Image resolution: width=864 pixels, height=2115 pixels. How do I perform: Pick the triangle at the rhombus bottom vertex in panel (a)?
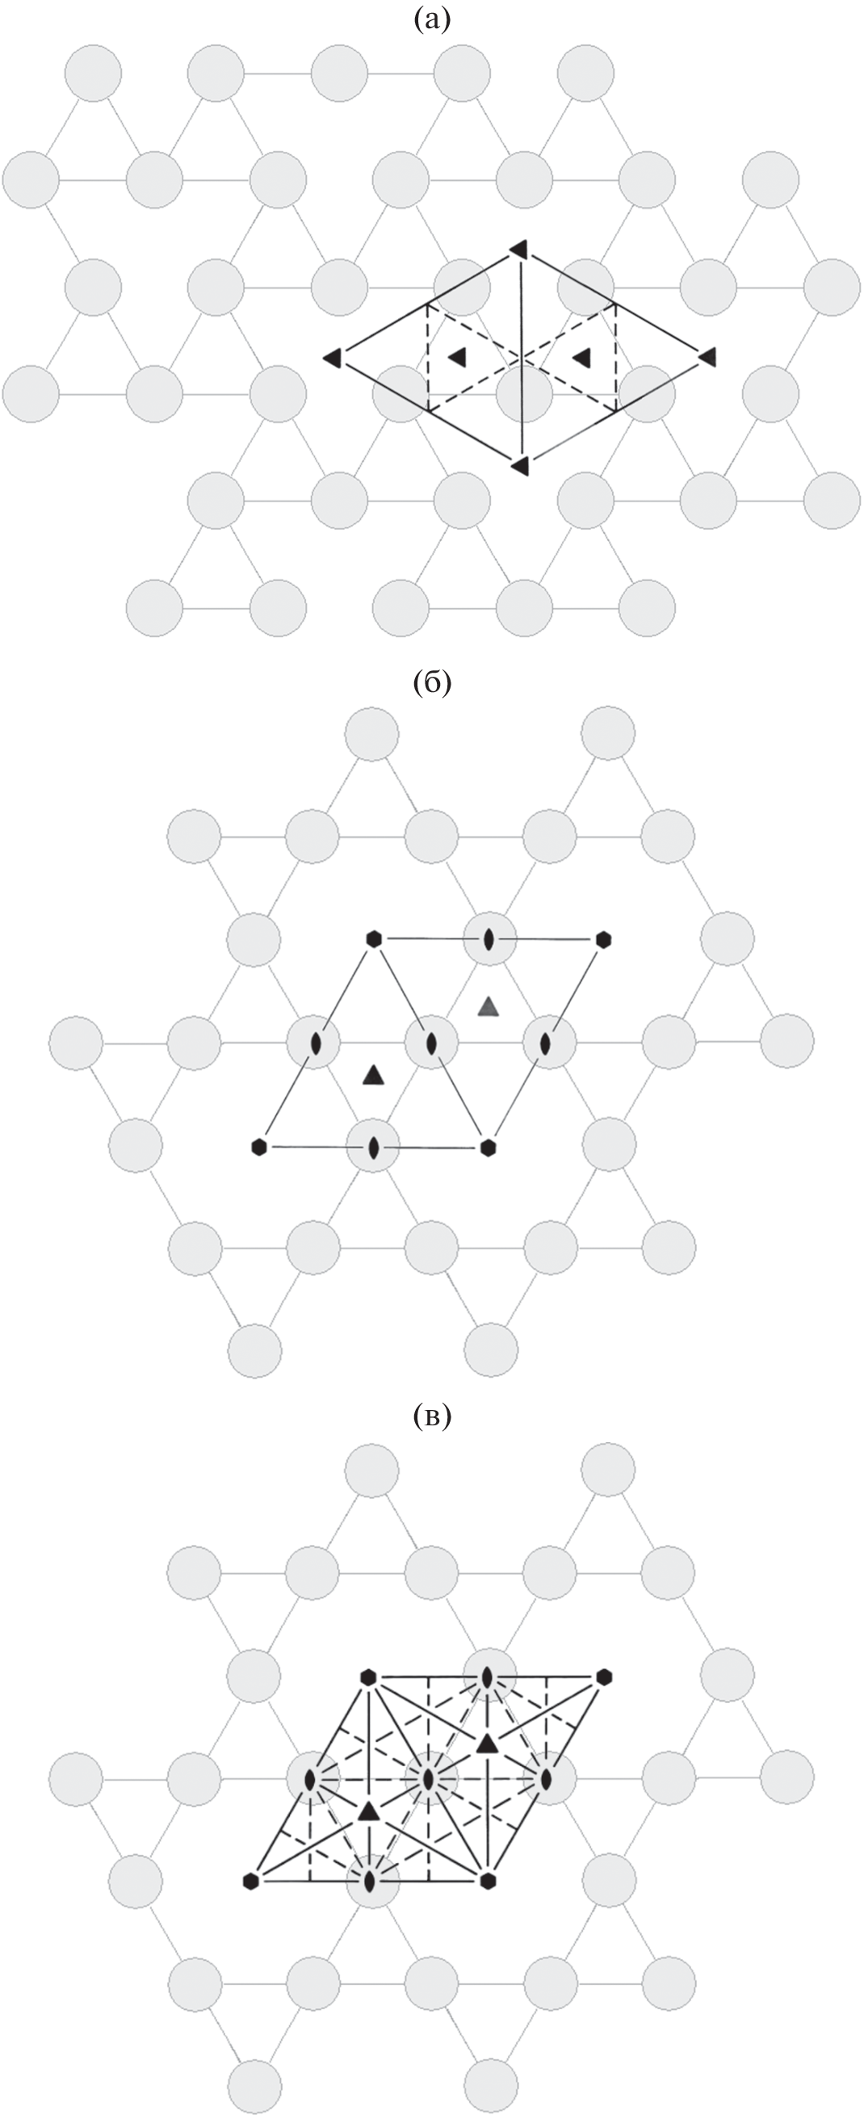519,465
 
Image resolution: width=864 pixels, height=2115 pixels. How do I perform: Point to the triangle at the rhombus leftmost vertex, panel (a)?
333,357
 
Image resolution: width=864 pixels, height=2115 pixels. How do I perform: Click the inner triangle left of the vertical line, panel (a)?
458,356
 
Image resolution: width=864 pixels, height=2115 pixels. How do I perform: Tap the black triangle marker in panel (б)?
374,1074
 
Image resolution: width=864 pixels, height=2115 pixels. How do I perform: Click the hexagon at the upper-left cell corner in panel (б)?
375,938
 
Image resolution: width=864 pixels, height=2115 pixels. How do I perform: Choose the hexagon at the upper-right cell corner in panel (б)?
605,938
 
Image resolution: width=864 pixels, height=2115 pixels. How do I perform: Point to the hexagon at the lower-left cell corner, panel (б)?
259,1146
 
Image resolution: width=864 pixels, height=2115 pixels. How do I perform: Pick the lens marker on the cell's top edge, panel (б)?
489,939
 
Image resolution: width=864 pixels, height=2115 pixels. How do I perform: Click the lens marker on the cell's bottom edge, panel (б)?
374,1147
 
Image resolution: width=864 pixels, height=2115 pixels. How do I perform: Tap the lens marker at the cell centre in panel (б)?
431,1043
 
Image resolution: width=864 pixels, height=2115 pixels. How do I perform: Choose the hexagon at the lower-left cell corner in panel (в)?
252,1879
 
